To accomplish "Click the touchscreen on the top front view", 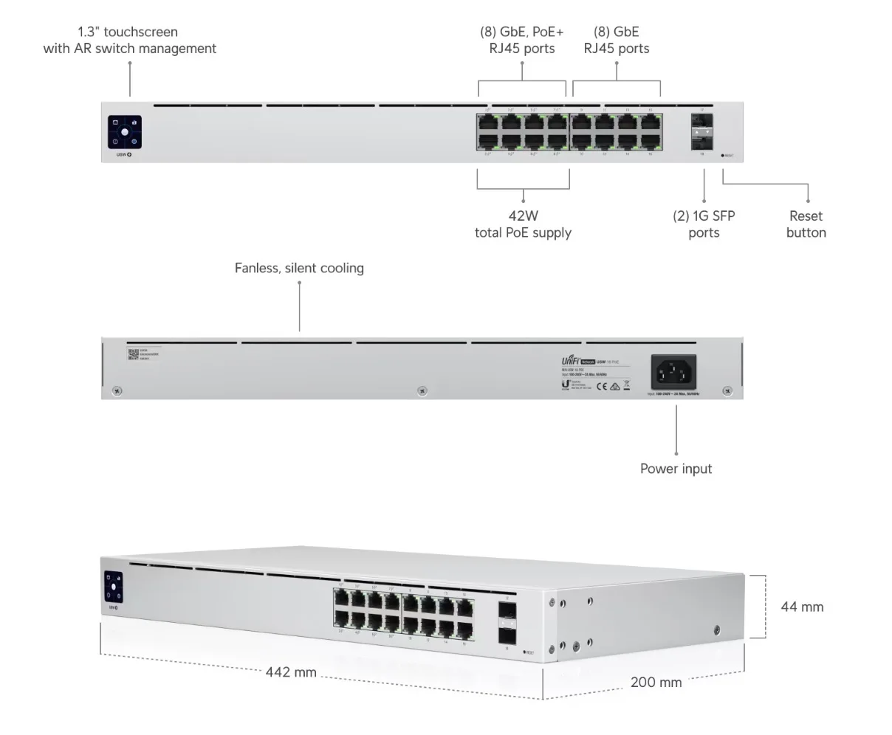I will tap(125, 132).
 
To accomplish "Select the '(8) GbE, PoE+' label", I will tap(522, 32).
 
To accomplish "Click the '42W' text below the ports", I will tap(523, 216).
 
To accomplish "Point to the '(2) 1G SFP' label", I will tap(704, 216).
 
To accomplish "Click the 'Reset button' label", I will tap(806, 224).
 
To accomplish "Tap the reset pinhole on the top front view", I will tap(722, 156).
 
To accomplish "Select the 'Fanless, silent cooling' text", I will tap(299, 268).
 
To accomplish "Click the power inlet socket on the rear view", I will tap(674, 372).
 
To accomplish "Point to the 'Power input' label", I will tap(676, 469).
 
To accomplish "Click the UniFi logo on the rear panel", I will tap(572, 361).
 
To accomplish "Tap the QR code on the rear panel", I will tap(133, 354).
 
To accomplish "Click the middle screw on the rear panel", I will tap(421, 390).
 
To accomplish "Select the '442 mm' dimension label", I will tap(291, 672).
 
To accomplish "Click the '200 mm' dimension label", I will tap(656, 682).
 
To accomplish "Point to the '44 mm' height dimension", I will tap(802, 607).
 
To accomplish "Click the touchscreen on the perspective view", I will tap(114, 587).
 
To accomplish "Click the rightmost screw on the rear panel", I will tap(727, 390).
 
